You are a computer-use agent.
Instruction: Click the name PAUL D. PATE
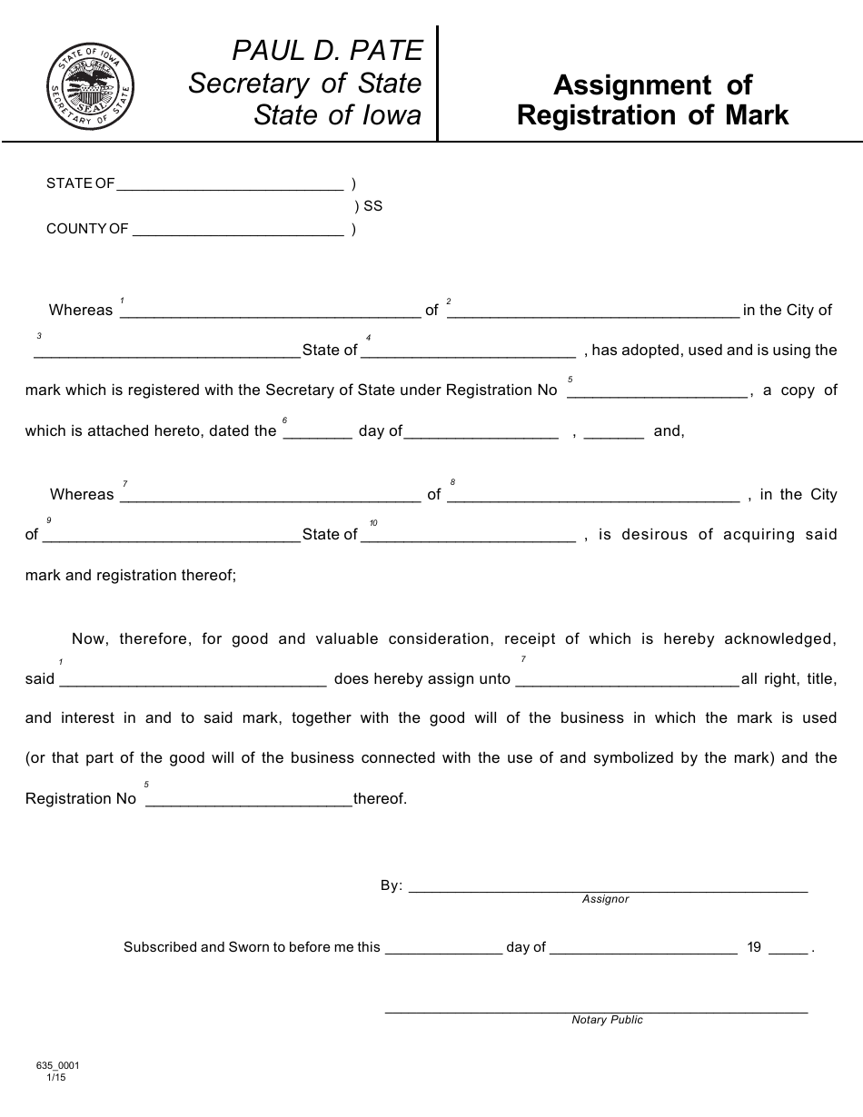327,49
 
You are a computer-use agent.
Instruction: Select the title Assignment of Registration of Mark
652,100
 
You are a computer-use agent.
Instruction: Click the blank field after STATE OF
230,184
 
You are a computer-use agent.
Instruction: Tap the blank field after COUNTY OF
238,230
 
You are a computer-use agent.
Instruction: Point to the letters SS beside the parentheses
372,206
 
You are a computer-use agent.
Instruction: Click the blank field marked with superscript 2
593,311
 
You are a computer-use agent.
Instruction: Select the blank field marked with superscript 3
167,351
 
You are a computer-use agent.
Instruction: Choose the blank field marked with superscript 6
318,432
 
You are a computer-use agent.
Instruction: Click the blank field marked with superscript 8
593,496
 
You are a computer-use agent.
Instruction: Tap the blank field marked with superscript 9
171,536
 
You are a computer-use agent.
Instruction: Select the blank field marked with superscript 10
468,536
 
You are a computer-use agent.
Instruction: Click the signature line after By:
608,887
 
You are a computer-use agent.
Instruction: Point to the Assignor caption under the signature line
605,899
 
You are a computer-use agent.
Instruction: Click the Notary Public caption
607,1020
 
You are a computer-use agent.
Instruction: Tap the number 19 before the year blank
754,947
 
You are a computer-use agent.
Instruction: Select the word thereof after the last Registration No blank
380,799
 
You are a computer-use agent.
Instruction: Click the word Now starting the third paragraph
88,639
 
